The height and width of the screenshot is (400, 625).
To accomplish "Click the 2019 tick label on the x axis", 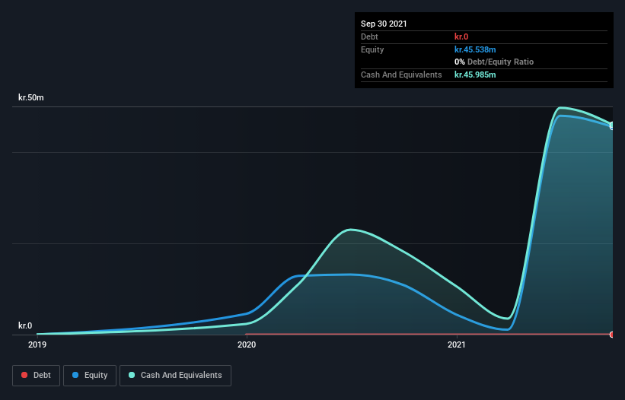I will (x=37, y=344).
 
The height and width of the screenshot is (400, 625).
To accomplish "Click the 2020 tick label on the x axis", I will (x=247, y=344).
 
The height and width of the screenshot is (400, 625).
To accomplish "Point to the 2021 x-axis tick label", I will (x=457, y=344).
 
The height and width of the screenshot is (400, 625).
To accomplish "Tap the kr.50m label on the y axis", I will (x=31, y=98).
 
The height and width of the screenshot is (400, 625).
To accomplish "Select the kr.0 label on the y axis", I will (x=25, y=326).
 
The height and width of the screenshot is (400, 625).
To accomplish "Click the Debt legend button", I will (x=35, y=375).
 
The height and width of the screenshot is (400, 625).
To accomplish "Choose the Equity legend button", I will (x=90, y=375).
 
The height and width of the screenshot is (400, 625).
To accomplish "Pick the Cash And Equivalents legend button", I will (x=175, y=375).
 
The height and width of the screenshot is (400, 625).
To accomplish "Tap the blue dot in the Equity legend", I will (x=76, y=375).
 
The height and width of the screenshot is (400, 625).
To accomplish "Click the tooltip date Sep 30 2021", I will (x=384, y=24).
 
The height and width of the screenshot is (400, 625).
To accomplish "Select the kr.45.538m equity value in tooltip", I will (x=475, y=49).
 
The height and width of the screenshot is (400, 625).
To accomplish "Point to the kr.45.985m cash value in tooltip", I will (x=475, y=75).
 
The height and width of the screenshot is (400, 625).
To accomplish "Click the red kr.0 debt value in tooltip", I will (x=461, y=37).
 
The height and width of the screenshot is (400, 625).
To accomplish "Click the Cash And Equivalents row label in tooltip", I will (x=401, y=75).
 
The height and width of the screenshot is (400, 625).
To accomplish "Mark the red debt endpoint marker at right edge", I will (x=612, y=335).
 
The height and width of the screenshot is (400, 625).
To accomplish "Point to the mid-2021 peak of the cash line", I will (x=561, y=107).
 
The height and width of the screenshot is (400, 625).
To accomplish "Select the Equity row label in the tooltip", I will (x=372, y=49).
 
